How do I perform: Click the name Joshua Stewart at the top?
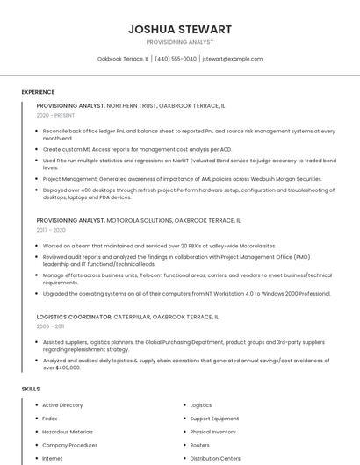179,29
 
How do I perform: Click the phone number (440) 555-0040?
176,59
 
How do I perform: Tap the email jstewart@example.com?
233,59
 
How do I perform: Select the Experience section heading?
38,92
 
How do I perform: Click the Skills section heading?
31,388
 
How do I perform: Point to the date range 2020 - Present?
55,115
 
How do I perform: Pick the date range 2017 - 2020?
51,230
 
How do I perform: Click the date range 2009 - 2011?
51,325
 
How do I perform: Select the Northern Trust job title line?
130,105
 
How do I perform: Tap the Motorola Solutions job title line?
138,220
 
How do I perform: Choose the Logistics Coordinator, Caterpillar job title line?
126,316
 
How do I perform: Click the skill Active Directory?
62,405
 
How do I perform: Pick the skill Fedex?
50,418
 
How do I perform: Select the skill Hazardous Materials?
68,432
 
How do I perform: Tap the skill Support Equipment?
214,418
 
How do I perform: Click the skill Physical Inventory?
212,432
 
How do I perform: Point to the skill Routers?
200,445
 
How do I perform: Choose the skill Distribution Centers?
215,458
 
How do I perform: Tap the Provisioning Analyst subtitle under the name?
179,42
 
